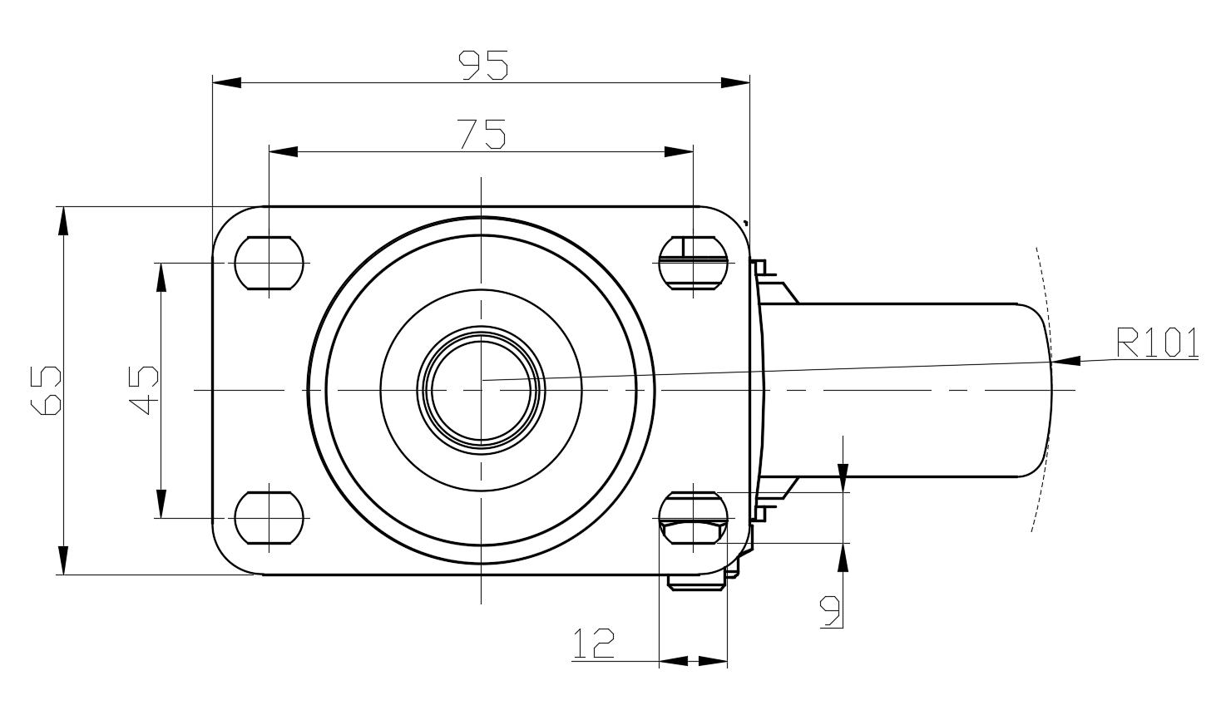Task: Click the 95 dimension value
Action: [483, 65]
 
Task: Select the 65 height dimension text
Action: [46, 391]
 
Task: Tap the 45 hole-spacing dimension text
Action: [143, 390]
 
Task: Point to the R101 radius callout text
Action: [1157, 342]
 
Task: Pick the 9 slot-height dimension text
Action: [830, 611]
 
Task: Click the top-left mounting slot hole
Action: [269, 264]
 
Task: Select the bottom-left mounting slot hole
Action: [269, 518]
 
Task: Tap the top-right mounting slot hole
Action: [693, 264]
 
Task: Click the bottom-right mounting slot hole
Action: [693, 518]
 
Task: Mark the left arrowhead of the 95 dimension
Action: [226, 82]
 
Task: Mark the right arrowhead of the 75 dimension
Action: [679, 151]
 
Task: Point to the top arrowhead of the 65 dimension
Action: [63, 221]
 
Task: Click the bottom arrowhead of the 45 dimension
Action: [161, 503]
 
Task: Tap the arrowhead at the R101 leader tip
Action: [1065, 361]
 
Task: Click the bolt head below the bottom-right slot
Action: [697, 582]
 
